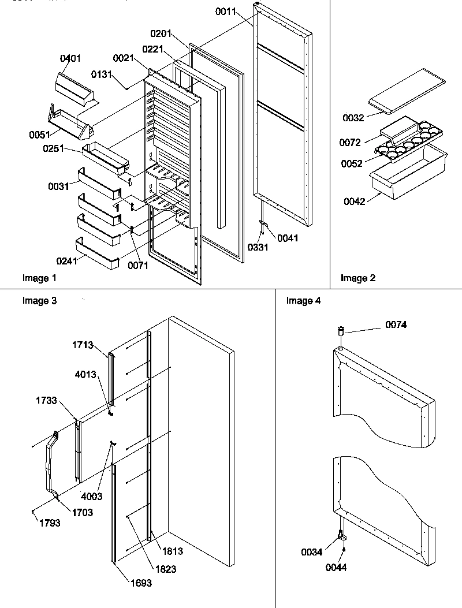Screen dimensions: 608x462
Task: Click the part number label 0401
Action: click(71, 58)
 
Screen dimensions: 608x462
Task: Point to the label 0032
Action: click(353, 118)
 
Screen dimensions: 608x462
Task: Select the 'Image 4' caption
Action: click(303, 301)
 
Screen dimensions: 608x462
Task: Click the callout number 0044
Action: click(336, 568)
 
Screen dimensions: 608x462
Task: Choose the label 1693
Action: click(140, 583)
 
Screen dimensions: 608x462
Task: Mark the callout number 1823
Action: click(165, 569)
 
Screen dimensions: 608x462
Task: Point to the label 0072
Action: click(366, 142)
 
